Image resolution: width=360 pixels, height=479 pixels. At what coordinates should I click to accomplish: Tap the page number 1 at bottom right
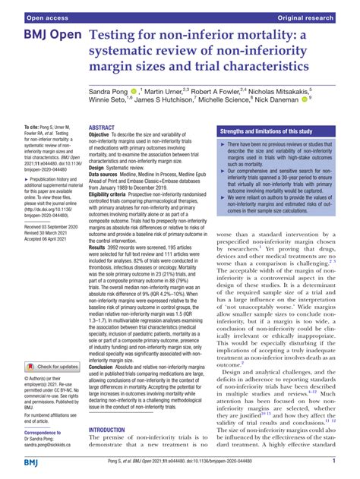pos(334,460)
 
